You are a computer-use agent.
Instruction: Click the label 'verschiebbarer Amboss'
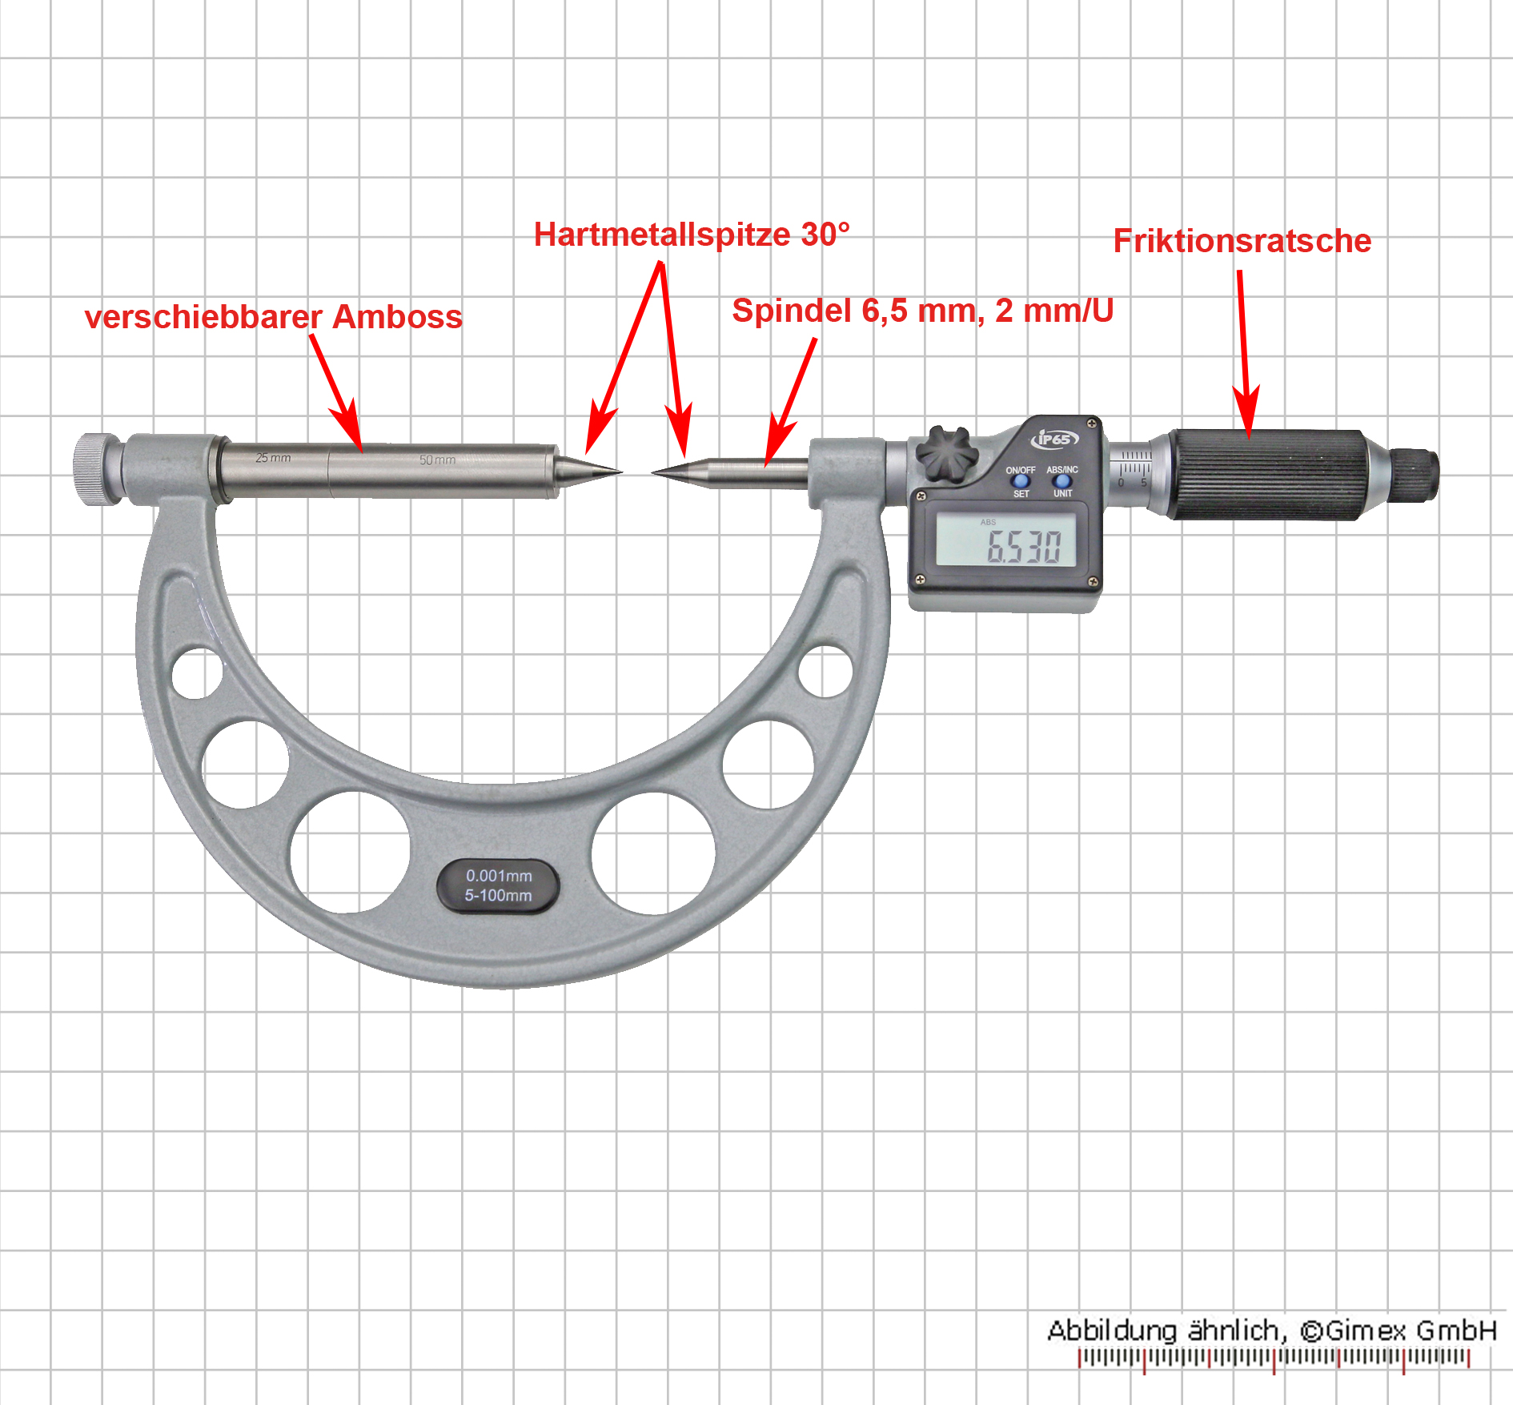click(274, 317)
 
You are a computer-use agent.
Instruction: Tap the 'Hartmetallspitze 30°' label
click(692, 235)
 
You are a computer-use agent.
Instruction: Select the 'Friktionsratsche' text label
click(1242, 241)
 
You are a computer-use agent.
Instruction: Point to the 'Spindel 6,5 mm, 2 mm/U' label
click(923, 311)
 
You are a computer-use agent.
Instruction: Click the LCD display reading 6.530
click(1006, 539)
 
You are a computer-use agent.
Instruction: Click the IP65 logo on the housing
click(1054, 439)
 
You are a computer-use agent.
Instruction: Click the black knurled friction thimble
click(1266, 474)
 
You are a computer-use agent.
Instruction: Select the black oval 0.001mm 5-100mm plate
click(498, 886)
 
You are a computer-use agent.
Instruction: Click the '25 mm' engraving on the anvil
click(273, 458)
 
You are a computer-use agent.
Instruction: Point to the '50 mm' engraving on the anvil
click(437, 460)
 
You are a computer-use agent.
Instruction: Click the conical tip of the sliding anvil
click(621, 471)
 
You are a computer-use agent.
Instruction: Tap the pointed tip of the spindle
click(653, 472)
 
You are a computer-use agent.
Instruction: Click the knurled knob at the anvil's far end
click(96, 469)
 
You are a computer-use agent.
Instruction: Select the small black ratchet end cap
click(1416, 476)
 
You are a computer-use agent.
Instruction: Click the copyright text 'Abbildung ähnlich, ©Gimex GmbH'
click(1271, 1331)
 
